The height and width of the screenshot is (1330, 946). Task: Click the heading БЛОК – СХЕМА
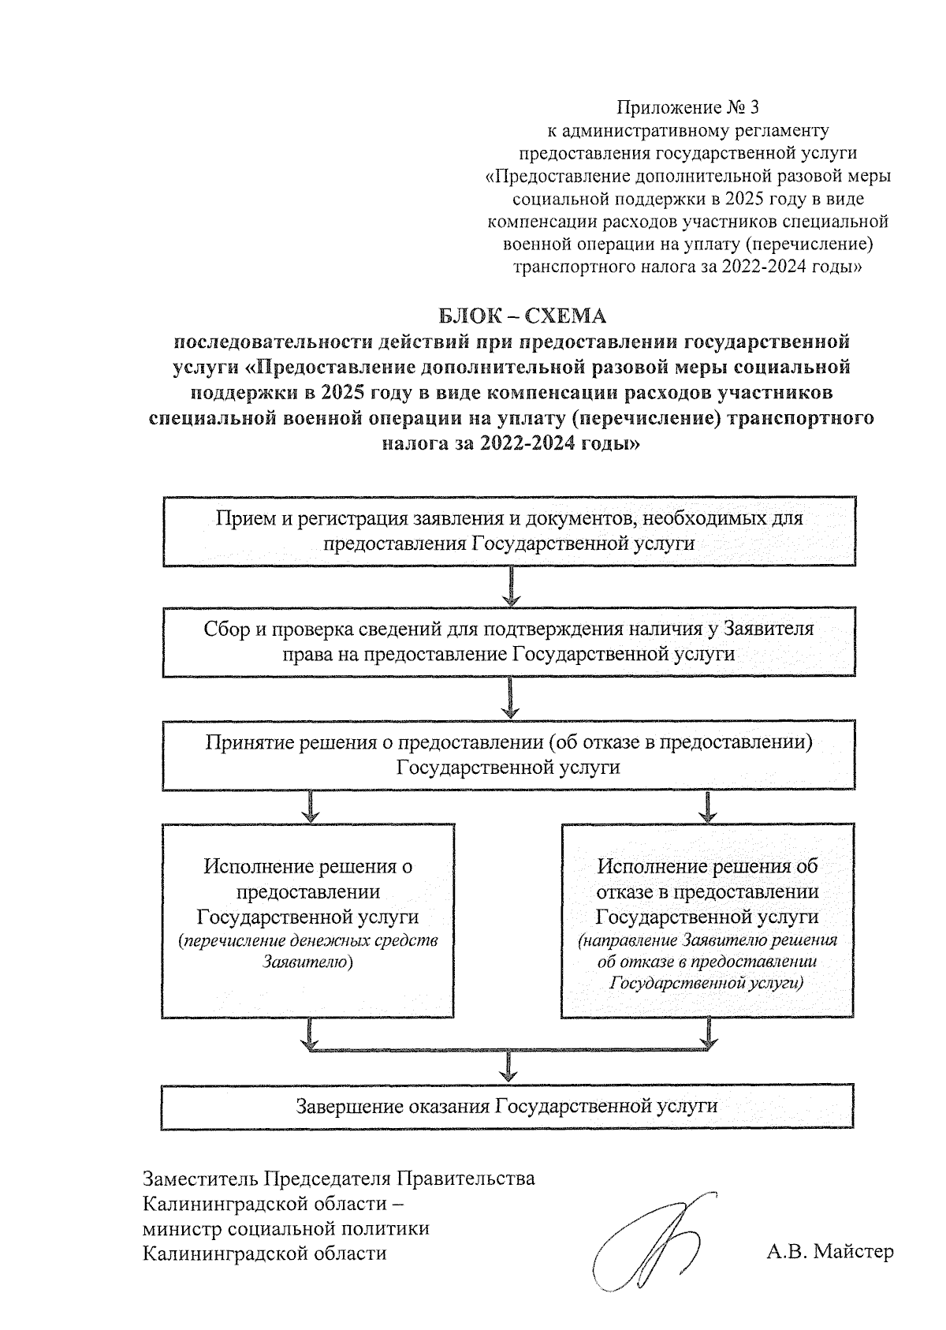[523, 317]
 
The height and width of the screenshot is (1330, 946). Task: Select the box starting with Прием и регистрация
[509, 531]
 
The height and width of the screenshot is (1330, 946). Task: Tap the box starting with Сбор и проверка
[509, 641]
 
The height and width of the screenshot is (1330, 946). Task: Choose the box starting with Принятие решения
[509, 754]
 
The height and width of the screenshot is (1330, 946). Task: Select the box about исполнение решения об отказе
[708, 919]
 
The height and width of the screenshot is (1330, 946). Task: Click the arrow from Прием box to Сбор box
[512, 586]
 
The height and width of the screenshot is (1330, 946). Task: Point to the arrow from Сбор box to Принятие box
[512, 697]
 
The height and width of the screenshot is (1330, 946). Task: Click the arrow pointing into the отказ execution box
[709, 806]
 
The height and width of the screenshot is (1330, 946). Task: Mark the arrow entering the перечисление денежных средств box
[311, 806]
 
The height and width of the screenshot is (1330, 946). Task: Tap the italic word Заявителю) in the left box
[307, 963]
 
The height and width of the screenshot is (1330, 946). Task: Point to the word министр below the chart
[181, 1228]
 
